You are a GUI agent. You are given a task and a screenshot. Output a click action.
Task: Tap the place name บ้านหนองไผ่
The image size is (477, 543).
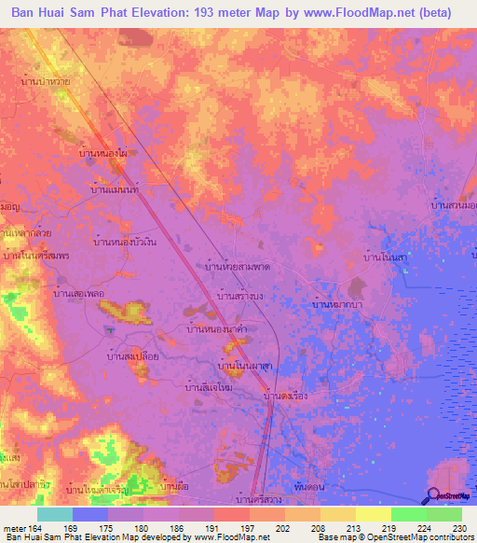coord(104,152)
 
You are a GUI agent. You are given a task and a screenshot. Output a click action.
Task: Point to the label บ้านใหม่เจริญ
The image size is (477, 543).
coord(98,488)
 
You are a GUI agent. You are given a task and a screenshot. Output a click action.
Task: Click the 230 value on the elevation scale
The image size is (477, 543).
coord(454,527)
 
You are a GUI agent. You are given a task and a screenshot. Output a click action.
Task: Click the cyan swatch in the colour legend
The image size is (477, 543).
coord(55,514)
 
